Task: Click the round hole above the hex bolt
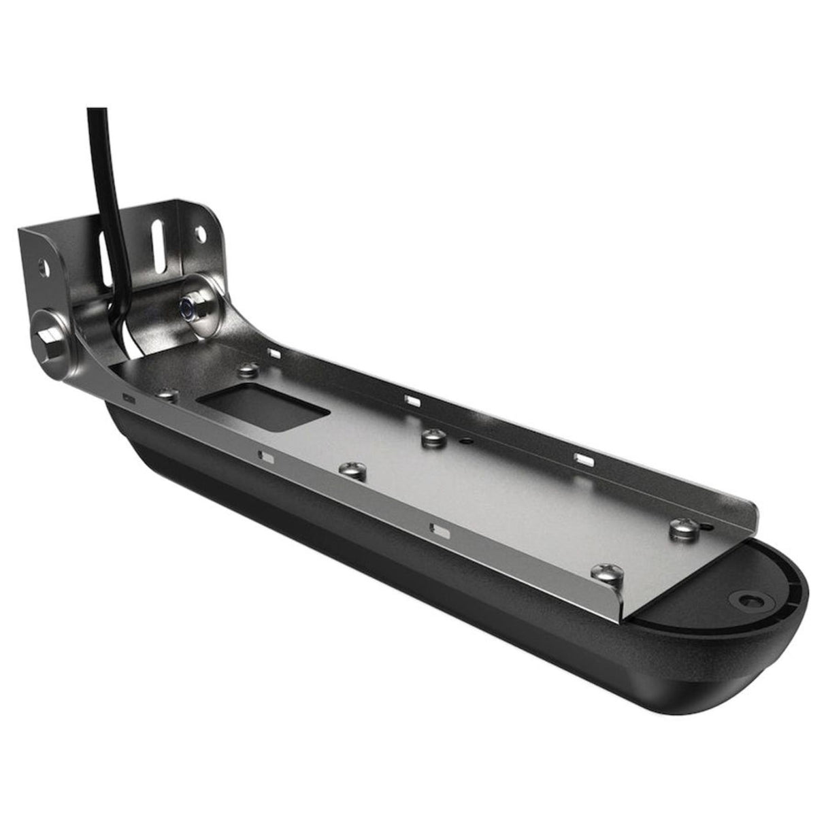(x=46, y=264)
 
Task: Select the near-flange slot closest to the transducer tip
(x=439, y=528)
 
